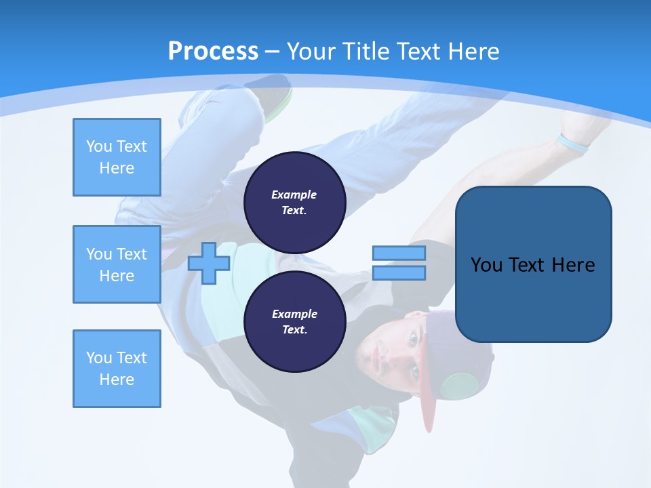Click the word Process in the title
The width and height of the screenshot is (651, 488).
click(x=213, y=52)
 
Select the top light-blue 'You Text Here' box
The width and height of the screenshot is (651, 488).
click(x=117, y=157)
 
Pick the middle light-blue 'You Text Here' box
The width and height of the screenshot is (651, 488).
click(x=117, y=264)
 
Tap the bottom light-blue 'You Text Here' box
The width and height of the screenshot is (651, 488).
click(x=117, y=369)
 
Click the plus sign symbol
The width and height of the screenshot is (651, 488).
click(x=209, y=263)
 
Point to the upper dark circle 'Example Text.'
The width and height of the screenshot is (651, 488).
click(x=294, y=203)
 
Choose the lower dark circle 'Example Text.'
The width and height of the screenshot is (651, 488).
click(x=294, y=322)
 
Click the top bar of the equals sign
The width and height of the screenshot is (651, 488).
click(x=399, y=253)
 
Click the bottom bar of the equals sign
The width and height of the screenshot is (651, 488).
click(x=399, y=273)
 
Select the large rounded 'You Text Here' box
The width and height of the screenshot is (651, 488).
click(x=533, y=264)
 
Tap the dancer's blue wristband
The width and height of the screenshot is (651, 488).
click(x=572, y=143)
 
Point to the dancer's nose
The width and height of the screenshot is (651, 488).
click(x=397, y=356)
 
